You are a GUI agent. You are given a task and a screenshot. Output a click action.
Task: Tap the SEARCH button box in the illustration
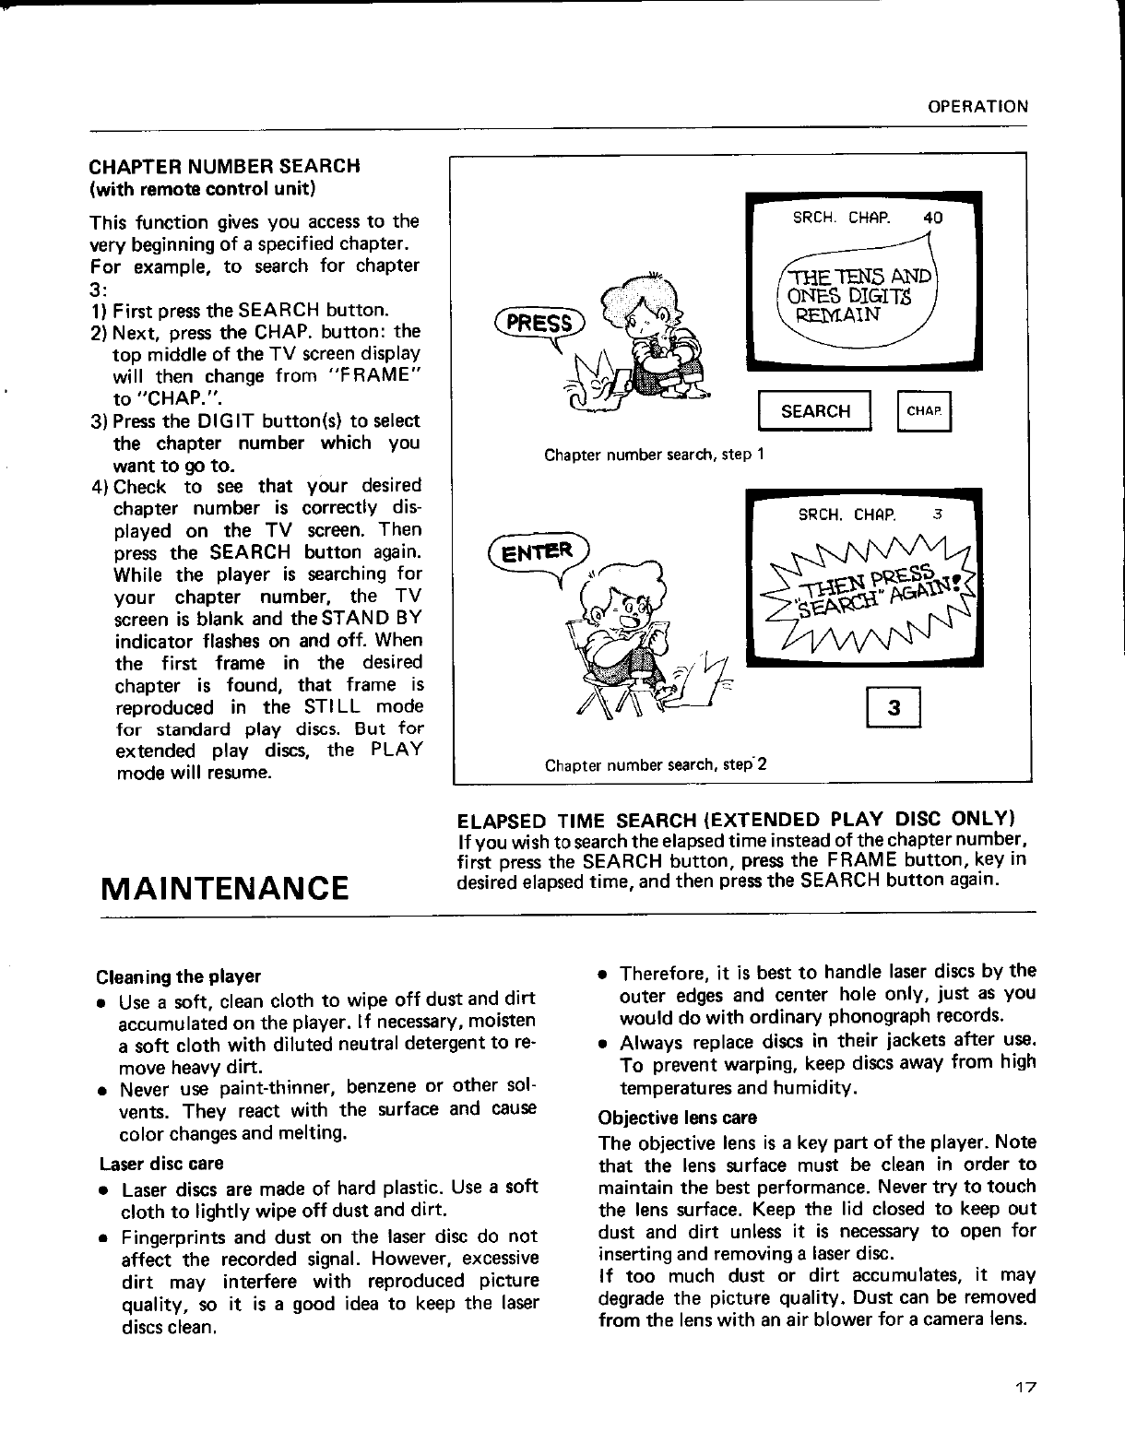tap(814, 411)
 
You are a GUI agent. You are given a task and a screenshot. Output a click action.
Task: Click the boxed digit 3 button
tap(893, 710)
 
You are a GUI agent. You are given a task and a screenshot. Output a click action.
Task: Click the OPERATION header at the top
tap(977, 106)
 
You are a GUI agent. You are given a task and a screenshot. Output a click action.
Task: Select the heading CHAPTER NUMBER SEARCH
tap(223, 167)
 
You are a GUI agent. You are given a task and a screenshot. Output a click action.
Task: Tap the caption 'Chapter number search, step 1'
tap(655, 455)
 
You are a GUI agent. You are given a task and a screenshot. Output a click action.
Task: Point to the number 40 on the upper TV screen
tap(932, 219)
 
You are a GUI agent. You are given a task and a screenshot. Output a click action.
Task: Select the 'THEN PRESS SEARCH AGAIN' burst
tap(867, 591)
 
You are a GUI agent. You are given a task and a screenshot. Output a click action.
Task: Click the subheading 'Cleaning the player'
tap(179, 976)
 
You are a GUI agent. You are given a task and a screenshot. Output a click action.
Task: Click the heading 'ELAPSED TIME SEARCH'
tap(737, 820)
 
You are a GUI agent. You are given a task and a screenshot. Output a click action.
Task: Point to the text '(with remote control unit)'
tap(202, 189)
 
